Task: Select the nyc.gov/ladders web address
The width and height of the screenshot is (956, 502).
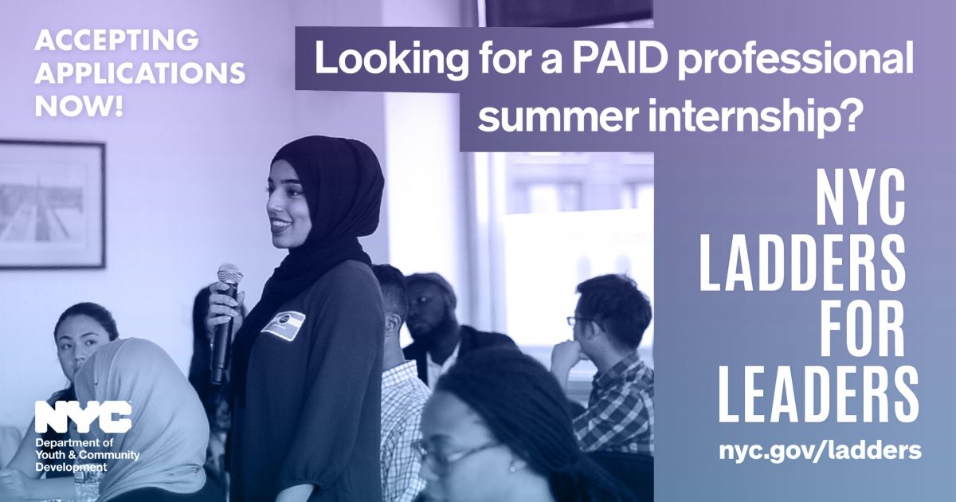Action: click(820, 450)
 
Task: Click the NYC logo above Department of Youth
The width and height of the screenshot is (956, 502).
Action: click(83, 417)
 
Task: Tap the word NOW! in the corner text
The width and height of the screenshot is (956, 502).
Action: click(79, 106)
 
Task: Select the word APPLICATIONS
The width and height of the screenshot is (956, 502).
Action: click(140, 73)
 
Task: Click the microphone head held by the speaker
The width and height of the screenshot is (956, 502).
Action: click(230, 274)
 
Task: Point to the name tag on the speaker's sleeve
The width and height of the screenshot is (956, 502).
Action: click(284, 324)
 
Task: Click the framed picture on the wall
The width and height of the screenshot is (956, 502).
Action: click(51, 205)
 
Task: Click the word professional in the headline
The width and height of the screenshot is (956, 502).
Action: click(796, 61)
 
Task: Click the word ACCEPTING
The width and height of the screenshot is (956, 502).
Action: click(116, 40)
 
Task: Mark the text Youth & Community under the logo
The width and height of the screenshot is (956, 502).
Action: click(88, 455)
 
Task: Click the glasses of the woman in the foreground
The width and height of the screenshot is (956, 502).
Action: click(456, 453)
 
